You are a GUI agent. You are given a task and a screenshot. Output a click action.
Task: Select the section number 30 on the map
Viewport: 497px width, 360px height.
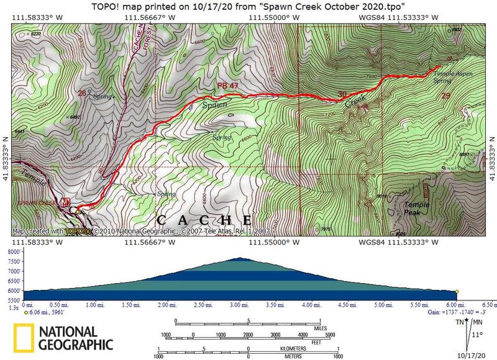[341, 94]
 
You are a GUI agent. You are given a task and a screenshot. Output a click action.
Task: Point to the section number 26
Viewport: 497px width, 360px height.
[81, 93]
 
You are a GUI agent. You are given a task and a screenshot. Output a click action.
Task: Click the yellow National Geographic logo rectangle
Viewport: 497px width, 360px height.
[24, 338]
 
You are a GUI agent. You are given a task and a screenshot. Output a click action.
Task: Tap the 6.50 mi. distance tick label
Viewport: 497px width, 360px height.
[486, 305]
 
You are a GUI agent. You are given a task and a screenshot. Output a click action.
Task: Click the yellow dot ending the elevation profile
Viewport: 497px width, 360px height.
[457, 291]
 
